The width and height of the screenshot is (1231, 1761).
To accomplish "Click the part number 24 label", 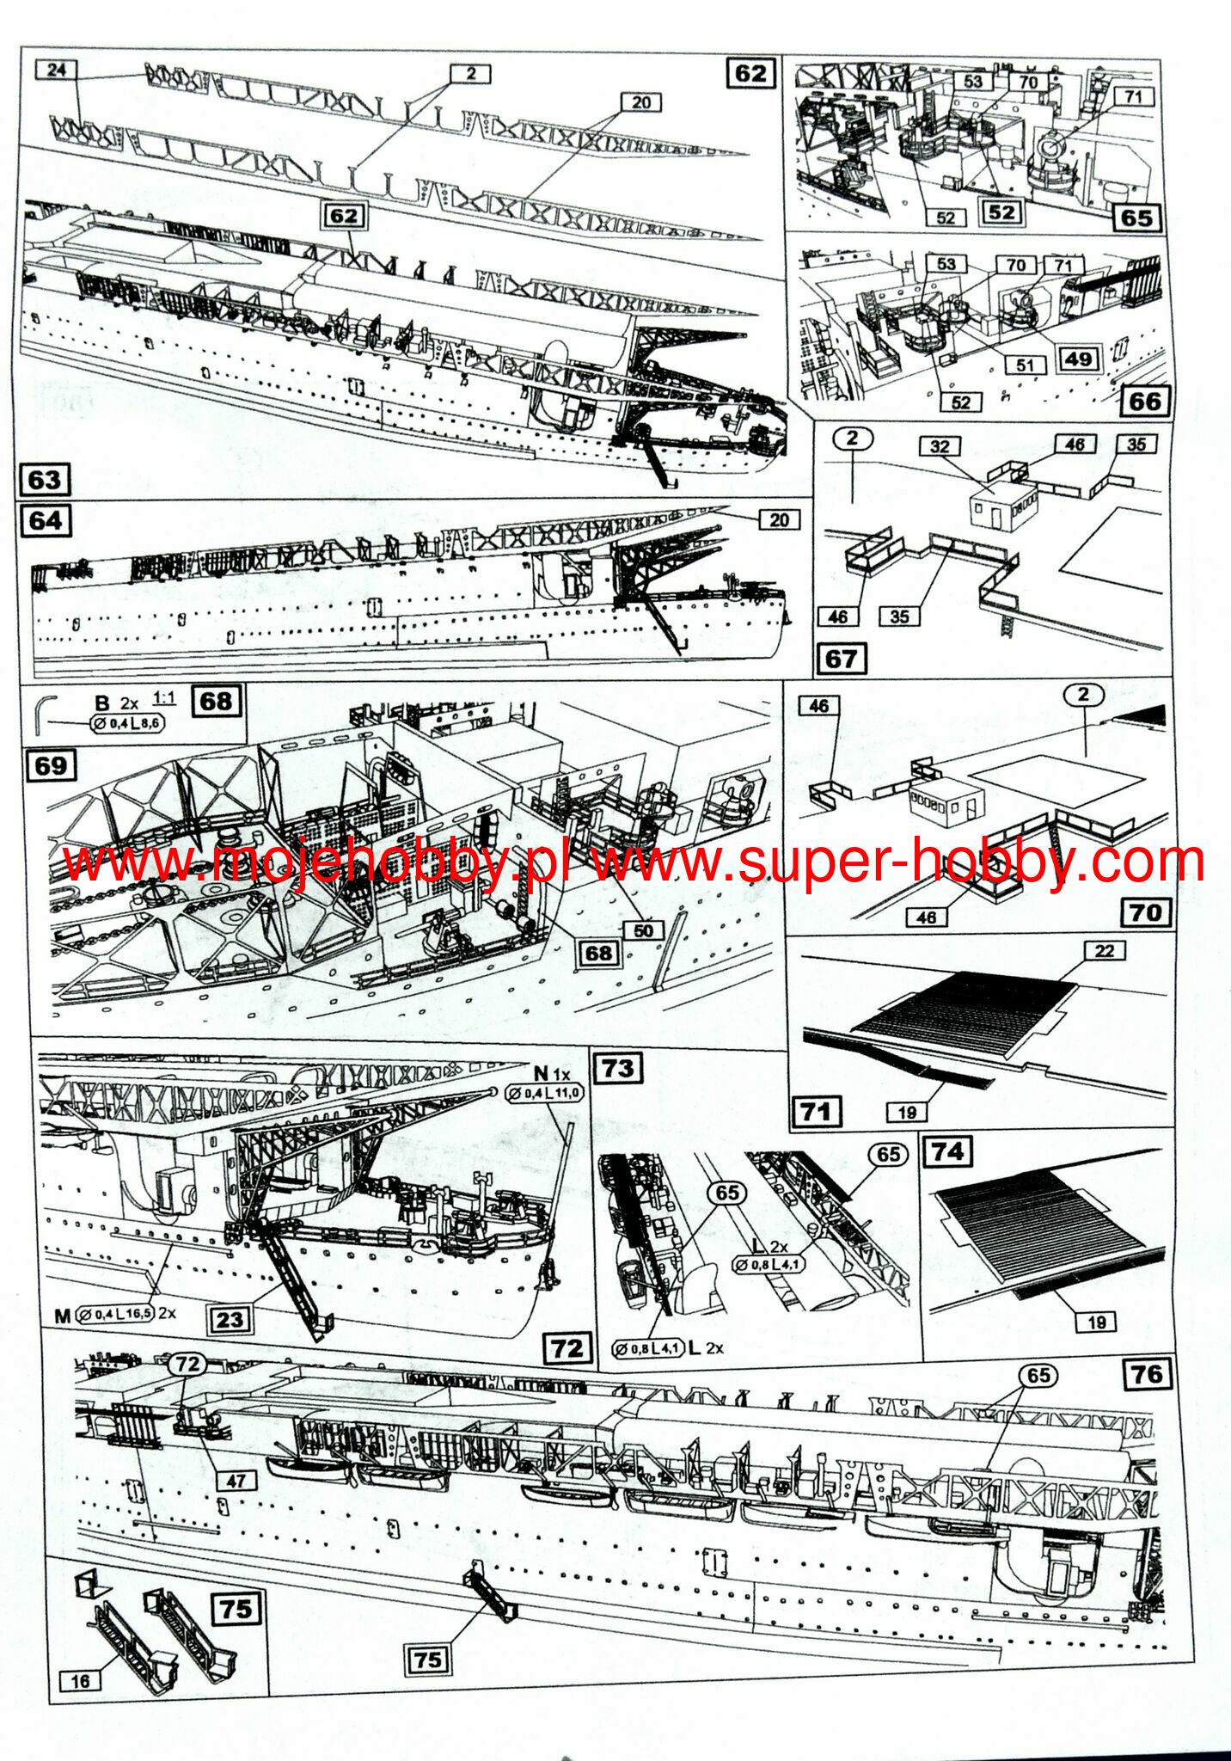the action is [57, 70].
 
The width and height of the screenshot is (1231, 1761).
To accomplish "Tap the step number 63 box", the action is [44, 479].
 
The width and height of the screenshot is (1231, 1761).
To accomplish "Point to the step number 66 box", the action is [1144, 401].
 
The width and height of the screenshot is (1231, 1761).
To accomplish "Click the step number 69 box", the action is [51, 765].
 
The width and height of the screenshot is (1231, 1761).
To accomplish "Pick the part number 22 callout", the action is [1104, 950].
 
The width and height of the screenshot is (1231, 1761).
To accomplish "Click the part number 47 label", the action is [236, 1480].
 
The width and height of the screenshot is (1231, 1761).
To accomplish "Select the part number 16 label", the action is [80, 1680].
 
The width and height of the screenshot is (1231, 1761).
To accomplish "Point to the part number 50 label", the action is [643, 930].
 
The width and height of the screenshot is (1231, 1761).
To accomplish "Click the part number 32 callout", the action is [940, 446].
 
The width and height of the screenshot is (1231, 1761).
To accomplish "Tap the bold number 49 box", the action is [1078, 359].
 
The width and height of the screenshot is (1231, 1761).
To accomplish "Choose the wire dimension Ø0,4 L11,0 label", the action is [544, 1093].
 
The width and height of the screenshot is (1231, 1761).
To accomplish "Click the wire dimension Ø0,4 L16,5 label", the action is [115, 1315].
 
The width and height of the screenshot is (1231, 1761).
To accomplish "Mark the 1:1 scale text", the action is [163, 698].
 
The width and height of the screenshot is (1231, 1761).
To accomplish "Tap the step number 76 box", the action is [1147, 1373].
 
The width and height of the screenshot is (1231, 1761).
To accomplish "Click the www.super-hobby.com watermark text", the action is [898, 861].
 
